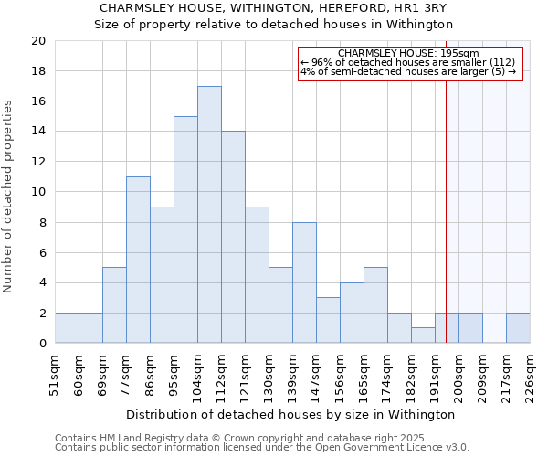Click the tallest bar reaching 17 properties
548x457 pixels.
[209, 215]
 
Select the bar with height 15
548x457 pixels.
[185, 229]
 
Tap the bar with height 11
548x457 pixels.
[138, 260]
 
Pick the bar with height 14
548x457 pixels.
[233, 238]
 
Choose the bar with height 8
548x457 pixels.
[304, 282]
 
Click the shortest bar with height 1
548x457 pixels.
[423, 335]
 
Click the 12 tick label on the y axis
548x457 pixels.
[37, 162]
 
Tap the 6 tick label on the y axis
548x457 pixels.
[41, 252]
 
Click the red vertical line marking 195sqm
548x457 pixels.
[446, 228]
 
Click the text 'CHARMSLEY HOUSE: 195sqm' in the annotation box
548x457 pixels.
[408, 54]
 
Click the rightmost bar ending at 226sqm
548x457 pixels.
[518, 328]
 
